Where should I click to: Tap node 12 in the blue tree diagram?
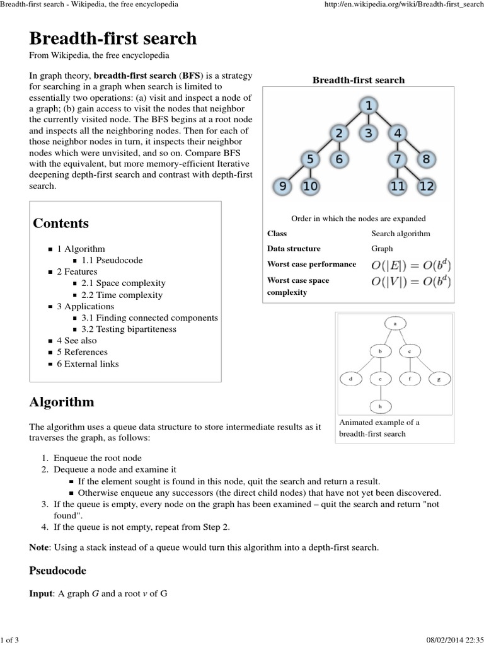coord(427,186)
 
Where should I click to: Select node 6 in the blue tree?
coord(339,159)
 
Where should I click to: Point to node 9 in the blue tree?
coord(283,186)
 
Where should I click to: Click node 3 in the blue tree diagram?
coord(369,133)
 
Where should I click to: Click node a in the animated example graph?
coord(395,323)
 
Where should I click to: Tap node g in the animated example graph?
coord(439,379)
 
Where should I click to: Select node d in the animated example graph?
coord(350,379)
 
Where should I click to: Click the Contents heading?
coord(60,224)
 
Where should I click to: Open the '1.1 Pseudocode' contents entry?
coord(112,260)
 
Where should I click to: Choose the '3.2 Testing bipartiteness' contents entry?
coord(129,329)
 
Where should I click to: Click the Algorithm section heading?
coord(62,402)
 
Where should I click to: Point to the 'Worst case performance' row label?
coord(311,265)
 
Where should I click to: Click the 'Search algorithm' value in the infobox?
coord(401,234)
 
